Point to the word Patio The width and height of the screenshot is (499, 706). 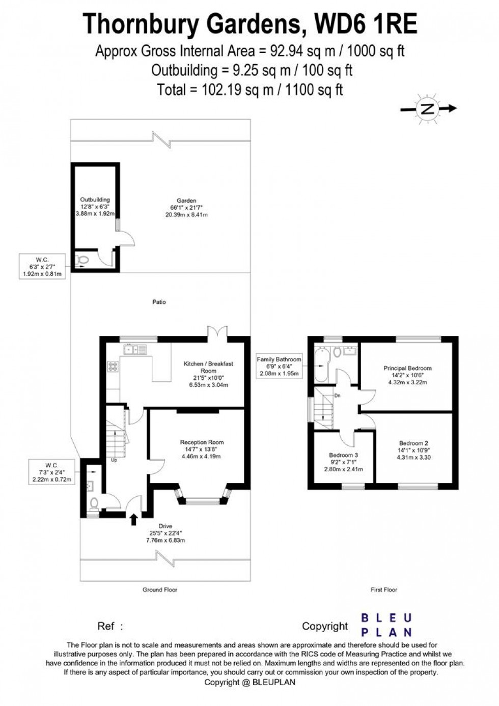pos(159,302)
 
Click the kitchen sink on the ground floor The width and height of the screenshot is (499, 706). pos(135,349)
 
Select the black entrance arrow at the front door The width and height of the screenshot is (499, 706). pos(134,519)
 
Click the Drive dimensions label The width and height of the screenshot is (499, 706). pos(165,533)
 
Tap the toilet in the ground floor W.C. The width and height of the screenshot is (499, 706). pos(94,504)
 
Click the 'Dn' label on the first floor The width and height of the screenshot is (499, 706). pos(337,395)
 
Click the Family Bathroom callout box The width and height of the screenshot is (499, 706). pos(279,366)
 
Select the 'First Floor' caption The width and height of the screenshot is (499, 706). pos(383,589)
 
